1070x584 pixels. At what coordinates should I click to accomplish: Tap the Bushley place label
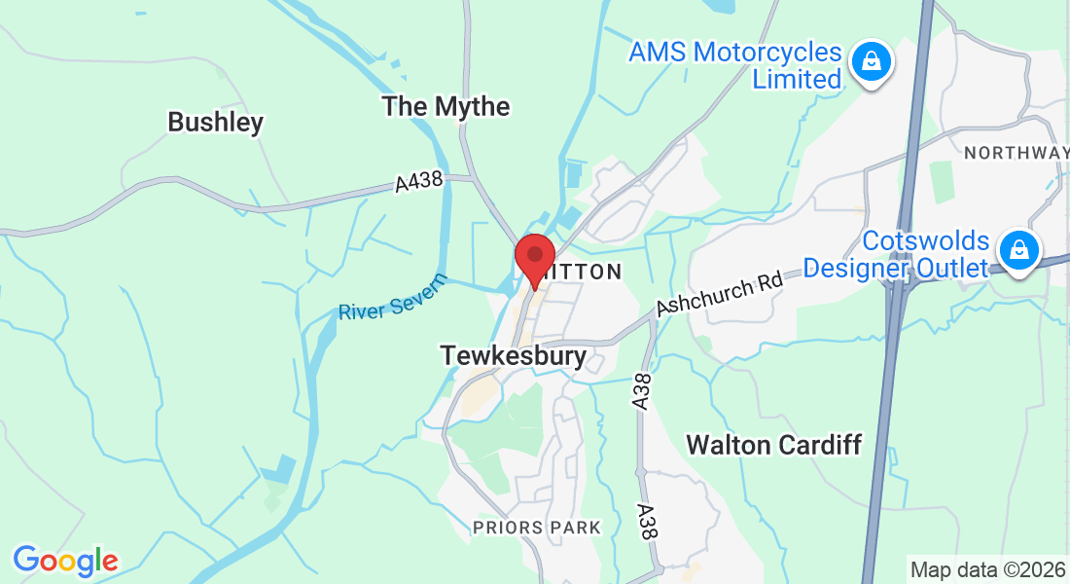(x=215, y=123)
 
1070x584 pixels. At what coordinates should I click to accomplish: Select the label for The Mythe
(x=446, y=106)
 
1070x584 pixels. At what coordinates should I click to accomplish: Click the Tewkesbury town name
(x=514, y=356)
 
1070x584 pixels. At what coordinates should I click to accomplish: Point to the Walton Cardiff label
(x=773, y=446)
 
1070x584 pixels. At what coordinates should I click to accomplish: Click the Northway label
(x=1016, y=153)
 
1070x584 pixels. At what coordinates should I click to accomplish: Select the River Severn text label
(x=393, y=297)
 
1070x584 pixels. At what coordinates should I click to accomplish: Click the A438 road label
(x=419, y=181)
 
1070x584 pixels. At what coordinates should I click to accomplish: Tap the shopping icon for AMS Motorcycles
(x=871, y=63)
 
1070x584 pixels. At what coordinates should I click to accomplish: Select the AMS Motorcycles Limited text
(x=734, y=65)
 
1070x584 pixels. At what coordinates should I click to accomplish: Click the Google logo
(x=65, y=561)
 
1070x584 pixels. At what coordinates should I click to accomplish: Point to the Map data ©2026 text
(x=987, y=569)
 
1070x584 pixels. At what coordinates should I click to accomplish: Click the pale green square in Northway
(x=941, y=182)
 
